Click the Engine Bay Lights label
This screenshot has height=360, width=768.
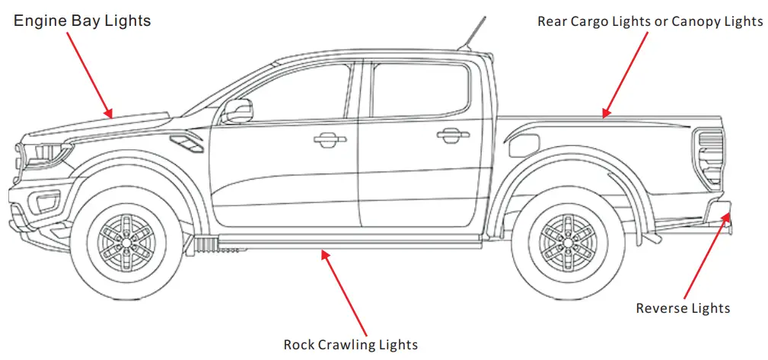[x=82, y=21]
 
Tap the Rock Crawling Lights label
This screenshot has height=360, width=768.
[x=351, y=345]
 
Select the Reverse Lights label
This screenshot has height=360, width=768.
[x=683, y=308]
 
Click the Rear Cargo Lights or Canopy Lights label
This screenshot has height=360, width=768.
[x=650, y=21]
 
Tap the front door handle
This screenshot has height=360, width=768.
[x=328, y=139]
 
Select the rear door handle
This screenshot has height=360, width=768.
[x=453, y=135]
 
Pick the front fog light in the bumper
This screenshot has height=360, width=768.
[x=46, y=202]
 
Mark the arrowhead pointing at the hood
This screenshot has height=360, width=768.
[x=110, y=114]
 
